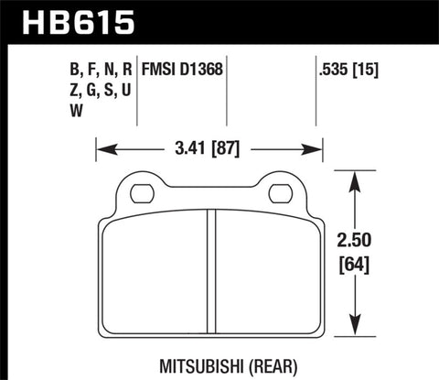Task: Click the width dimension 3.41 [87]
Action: [209, 145]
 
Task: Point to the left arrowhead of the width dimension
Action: [102, 145]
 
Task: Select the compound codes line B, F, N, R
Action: [89, 68]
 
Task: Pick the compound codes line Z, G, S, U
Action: [89, 90]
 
